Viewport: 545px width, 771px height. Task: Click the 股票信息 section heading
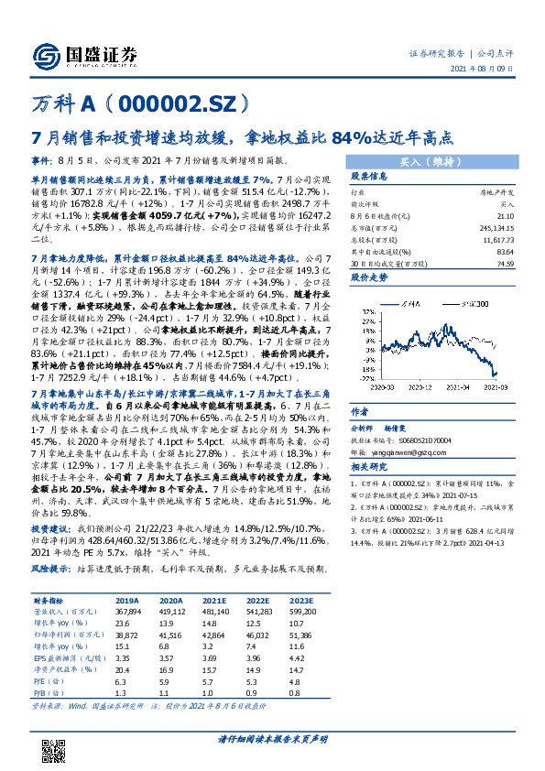click(367, 177)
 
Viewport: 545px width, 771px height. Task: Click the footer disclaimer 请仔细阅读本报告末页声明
click(273, 738)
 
